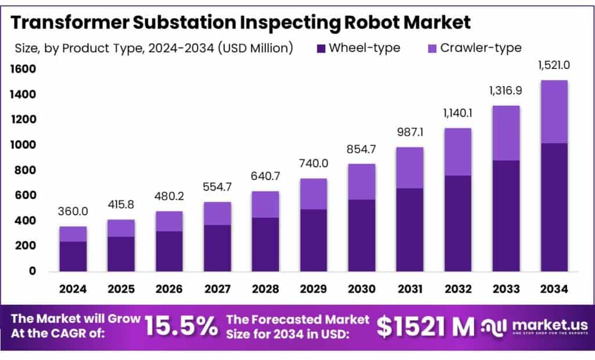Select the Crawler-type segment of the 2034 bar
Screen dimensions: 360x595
click(x=554, y=111)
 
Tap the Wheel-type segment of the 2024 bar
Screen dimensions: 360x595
click(x=73, y=256)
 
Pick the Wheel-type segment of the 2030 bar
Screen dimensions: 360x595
click(x=361, y=235)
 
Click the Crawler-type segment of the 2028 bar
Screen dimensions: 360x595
click(x=265, y=204)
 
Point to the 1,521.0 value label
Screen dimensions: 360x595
click(x=554, y=65)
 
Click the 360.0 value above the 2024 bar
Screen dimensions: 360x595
click(x=73, y=212)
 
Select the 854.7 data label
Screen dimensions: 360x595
click(x=361, y=149)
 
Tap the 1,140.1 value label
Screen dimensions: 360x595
click(x=458, y=113)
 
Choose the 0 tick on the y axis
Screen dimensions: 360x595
click(x=33, y=271)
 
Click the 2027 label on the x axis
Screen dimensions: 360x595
click(x=217, y=289)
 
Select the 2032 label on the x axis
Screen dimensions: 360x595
click(x=458, y=289)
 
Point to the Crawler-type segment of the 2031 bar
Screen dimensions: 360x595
click(x=410, y=168)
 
